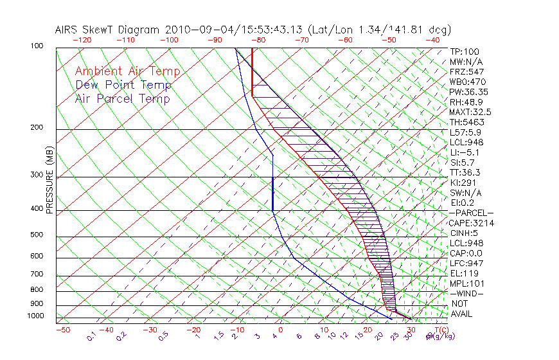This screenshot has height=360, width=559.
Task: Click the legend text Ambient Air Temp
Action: pyautogui.click(x=127, y=72)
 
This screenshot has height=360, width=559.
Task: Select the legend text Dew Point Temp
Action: pyautogui.click(x=123, y=85)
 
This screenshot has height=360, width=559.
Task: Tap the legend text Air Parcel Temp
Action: pyautogui.click(x=123, y=99)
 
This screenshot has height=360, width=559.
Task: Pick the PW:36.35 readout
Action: pyautogui.click(x=466, y=92)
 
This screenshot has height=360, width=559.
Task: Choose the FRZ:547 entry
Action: pyautogui.click(x=465, y=72)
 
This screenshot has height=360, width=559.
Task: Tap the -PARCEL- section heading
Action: pyautogui.click(x=471, y=213)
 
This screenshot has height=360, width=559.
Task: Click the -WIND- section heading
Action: pyautogui.click(x=466, y=293)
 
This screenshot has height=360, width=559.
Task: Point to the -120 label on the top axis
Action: pyautogui.click(x=81, y=40)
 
